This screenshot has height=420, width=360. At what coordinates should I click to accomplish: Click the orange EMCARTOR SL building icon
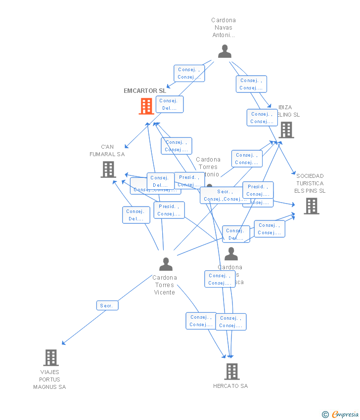point(146,106)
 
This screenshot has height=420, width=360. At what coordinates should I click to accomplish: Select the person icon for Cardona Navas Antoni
point(225,51)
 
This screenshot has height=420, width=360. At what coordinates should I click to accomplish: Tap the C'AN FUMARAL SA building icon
point(108,169)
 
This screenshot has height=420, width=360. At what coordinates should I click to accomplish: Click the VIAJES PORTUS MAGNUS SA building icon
point(51,358)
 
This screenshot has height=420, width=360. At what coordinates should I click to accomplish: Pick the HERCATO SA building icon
point(232,371)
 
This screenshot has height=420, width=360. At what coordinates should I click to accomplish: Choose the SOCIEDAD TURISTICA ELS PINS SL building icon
point(311,206)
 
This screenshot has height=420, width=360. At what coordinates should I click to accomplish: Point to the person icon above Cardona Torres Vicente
point(166,264)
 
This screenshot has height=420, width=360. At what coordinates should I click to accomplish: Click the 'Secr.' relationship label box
point(107,306)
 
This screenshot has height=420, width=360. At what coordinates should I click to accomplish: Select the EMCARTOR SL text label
point(145,91)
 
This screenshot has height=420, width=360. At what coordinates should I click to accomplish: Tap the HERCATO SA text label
point(230,386)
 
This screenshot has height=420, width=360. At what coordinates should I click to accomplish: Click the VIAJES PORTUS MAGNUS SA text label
point(49,379)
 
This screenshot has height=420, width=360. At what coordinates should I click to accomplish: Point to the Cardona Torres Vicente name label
point(165,285)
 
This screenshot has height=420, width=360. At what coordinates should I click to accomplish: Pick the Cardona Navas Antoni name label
point(224,28)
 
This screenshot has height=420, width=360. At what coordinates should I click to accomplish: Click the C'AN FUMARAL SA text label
point(107,151)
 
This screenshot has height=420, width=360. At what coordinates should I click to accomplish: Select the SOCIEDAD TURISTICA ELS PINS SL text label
point(310,183)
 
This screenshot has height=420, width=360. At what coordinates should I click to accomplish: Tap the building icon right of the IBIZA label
point(286,130)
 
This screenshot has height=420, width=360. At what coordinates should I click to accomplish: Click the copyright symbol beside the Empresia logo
point(325,415)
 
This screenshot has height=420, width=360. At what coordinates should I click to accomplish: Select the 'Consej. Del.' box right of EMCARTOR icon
point(170,104)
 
